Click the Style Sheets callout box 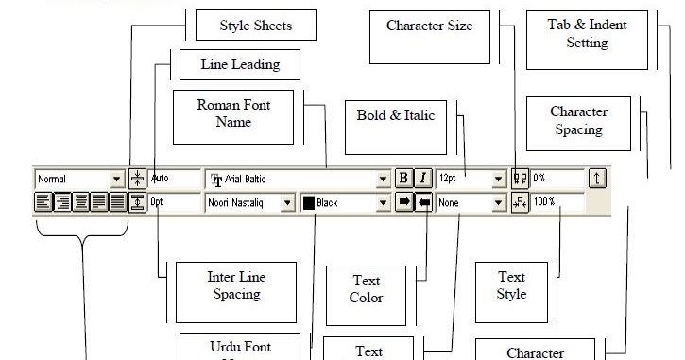pos(255,25)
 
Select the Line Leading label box pos(240,65)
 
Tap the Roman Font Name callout pos(232,115)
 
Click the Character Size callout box pos(429,37)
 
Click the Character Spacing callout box pos(578,122)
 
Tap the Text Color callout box pos(366,291)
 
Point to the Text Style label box pos(511,286)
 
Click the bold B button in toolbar pos(403,178)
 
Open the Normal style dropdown pos(80,178)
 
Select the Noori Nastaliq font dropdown pos(248,202)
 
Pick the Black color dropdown pos(346,202)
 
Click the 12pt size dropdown pos(471,178)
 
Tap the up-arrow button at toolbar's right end pos(596,178)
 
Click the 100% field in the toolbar pos(557,202)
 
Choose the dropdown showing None pos(471,202)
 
